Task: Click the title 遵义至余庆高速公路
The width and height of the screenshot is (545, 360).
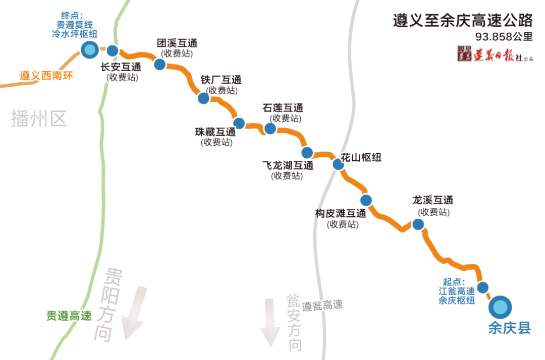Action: (x=463, y=21)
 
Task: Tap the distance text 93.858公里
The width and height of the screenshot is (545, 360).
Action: (x=504, y=37)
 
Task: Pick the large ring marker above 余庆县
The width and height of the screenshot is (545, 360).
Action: (x=500, y=306)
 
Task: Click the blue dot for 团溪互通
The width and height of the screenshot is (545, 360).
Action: (x=159, y=64)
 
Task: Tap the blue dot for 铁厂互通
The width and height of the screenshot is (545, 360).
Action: (x=203, y=98)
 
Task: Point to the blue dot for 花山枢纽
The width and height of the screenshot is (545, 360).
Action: (x=338, y=164)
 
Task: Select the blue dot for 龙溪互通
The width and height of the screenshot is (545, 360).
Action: (x=417, y=224)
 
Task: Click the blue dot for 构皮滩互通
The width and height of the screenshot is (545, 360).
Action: (x=366, y=199)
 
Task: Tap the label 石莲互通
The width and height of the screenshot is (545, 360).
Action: (x=283, y=108)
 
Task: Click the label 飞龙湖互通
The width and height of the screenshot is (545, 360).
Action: (x=288, y=165)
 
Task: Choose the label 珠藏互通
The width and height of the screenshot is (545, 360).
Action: (x=215, y=132)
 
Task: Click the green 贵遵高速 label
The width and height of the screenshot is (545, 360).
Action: (x=69, y=316)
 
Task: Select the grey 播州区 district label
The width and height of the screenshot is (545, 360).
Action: (x=39, y=119)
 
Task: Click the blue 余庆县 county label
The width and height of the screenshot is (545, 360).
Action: (x=510, y=328)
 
